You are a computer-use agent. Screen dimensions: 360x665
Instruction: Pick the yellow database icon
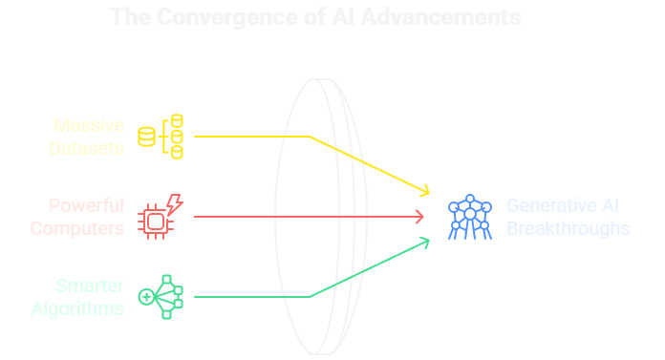pos(161,136)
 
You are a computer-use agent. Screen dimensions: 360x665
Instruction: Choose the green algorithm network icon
pos(161,296)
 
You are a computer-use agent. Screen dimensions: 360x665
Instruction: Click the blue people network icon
pos(469,217)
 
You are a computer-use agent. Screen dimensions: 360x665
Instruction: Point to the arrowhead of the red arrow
pos(420,217)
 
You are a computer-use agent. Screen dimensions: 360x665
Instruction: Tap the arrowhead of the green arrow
pos(424,242)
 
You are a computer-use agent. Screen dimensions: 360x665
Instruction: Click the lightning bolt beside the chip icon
pos(174,204)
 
